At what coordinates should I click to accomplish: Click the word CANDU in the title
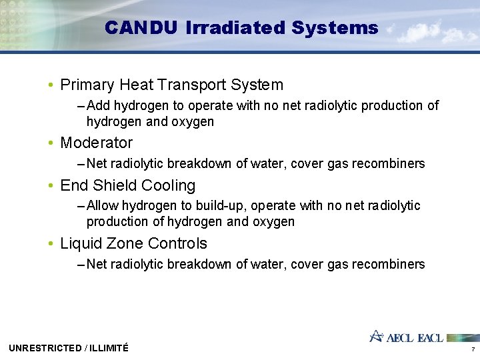(x=141, y=28)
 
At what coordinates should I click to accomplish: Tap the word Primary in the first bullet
(x=87, y=85)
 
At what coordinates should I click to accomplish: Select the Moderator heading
(x=96, y=143)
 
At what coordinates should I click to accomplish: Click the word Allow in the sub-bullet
(x=102, y=206)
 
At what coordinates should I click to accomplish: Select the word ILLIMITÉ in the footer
(x=109, y=348)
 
